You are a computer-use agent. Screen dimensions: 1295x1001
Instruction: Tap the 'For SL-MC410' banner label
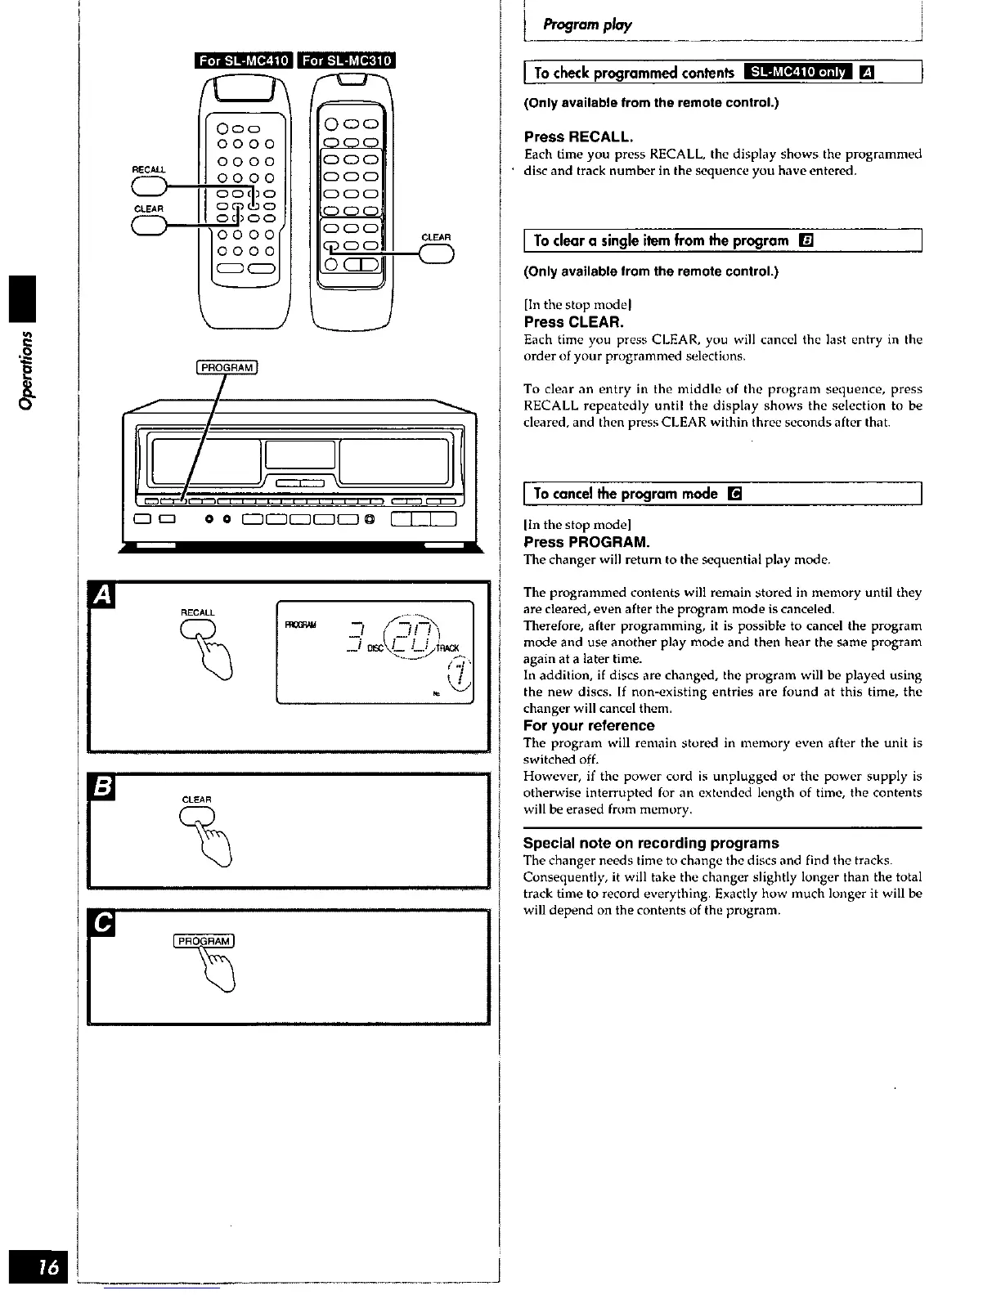point(244,61)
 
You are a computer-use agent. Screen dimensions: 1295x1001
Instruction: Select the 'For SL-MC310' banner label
point(348,61)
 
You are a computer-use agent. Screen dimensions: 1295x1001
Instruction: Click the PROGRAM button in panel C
point(204,940)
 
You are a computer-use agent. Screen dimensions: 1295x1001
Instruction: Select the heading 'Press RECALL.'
point(578,136)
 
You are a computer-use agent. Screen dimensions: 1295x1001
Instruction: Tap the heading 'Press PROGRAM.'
point(586,542)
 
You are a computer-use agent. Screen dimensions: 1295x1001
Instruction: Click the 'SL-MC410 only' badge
point(798,73)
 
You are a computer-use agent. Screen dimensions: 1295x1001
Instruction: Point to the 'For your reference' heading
point(589,725)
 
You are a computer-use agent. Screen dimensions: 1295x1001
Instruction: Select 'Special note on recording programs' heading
point(651,843)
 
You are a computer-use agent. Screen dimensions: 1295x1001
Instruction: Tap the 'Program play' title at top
point(581,25)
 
